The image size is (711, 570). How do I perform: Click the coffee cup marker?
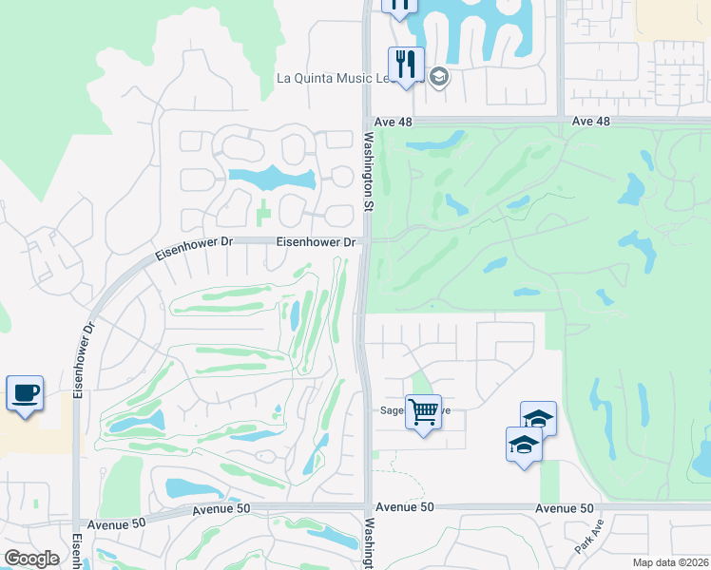pos(25,392)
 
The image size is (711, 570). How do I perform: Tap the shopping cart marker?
pos(423,412)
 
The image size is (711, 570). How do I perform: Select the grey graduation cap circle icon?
pos(438,77)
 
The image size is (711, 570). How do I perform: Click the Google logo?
pos(31,559)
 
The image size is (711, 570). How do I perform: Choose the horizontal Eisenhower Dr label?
pos(316,242)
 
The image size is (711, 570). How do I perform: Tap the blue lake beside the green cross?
pos(272,178)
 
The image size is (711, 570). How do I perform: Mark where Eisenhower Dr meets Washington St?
pos(365,241)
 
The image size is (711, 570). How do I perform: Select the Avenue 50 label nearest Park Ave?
pos(564,508)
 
